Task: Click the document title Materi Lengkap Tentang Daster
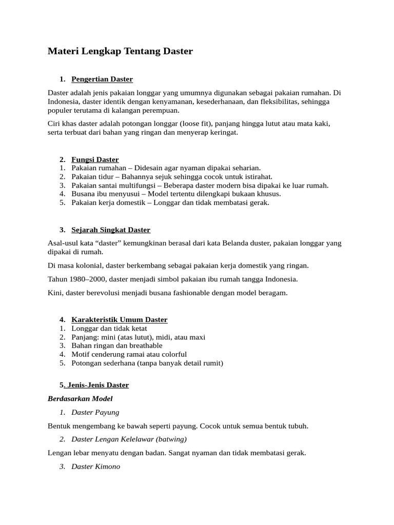120,51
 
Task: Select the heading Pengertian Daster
102,79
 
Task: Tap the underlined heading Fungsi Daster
95,159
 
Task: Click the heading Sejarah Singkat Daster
111,230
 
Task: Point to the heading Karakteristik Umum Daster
119,319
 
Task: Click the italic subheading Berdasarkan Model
80,398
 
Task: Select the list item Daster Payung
95,412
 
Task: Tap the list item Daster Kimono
96,467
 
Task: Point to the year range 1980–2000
89,279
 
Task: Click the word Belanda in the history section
236,243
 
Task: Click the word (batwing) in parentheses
171,439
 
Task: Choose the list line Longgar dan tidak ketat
109,328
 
